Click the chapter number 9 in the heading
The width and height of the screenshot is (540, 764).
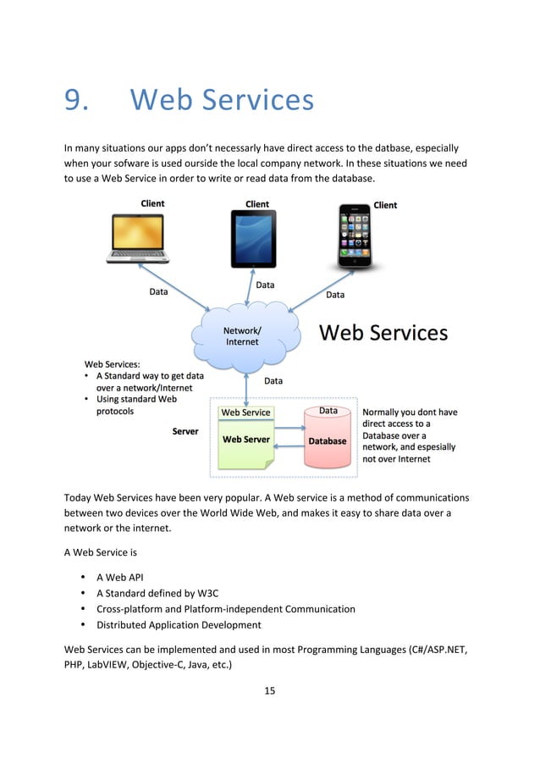tap(76, 101)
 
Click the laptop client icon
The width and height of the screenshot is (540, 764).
tap(140, 238)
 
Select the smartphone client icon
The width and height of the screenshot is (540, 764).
tap(355, 235)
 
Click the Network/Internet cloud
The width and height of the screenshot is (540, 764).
tap(245, 336)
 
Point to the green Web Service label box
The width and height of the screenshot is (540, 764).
tap(245, 412)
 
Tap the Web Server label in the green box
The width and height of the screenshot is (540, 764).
tap(245, 440)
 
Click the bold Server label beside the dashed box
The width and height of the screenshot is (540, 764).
tap(185, 431)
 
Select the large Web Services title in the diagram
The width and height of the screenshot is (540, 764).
tap(383, 333)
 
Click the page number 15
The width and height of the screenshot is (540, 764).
tap(269, 690)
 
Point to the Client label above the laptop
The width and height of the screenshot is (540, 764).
tap(152, 203)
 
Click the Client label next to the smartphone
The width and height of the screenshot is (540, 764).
tap(385, 205)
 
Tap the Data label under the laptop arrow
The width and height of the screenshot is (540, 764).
tap(158, 292)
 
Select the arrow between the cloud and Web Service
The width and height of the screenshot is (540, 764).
tap(245, 386)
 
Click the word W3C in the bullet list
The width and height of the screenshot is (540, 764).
tap(196, 593)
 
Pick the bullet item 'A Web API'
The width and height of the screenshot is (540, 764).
tap(119, 577)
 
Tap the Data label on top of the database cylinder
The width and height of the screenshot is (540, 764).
tap(328, 411)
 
